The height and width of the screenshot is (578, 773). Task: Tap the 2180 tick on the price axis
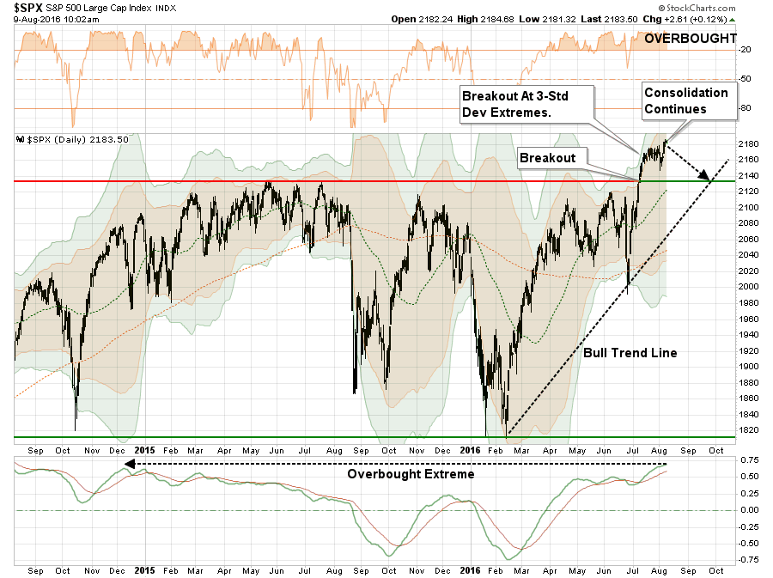(748, 143)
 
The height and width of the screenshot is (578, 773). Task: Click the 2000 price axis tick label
(748, 287)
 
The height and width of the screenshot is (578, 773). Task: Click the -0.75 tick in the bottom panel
(747, 559)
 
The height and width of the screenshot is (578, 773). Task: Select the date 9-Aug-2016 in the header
(38, 20)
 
